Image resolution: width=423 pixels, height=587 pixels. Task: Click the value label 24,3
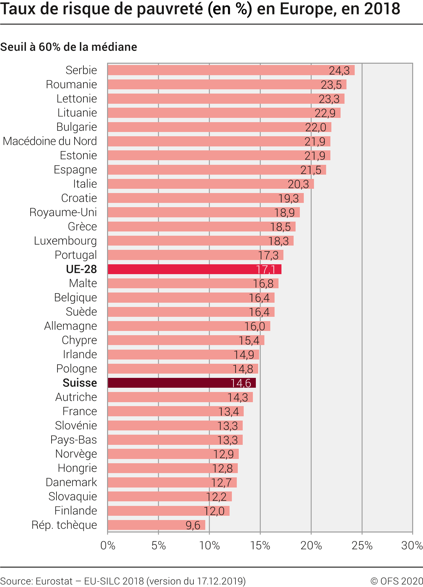pyautogui.click(x=339, y=71)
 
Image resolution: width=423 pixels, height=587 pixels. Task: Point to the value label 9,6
pyautogui.click(x=193, y=525)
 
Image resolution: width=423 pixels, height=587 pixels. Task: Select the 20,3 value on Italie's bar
pyautogui.click(x=298, y=184)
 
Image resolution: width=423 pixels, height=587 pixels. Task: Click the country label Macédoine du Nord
pyautogui.click(x=50, y=141)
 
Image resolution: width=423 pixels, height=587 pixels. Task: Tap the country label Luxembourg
pyautogui.click(x=65, y=241)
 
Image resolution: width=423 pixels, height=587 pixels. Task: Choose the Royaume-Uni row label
pyautogui.click(x=63, y=212)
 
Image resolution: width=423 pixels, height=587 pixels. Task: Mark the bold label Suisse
pyautogui.click(x=80, y=383)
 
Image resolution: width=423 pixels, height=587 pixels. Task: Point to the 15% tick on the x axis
pyautogui.click(x=260, y=545)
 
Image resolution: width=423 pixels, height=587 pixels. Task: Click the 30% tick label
pyautogui.click(x=412, y=545)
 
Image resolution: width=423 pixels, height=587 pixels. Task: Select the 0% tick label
pyautogui.click(x=108, y=545)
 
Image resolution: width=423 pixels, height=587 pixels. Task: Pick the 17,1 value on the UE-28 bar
pyautogui.click(x=266, y=270)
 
